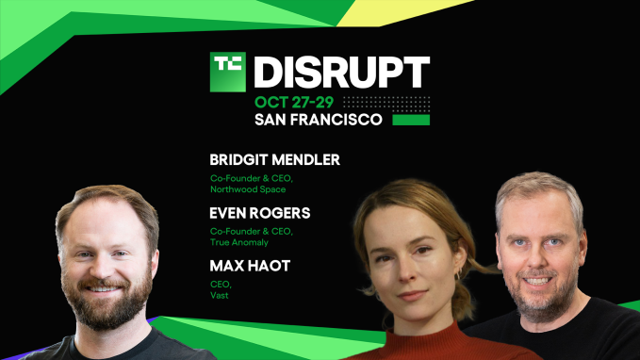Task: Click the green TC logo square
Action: [x=228, y=72]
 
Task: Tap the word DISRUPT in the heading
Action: [x=342, y=73]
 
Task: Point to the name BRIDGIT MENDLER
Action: [x=274, y=160]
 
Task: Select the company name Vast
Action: [x=219, y=296]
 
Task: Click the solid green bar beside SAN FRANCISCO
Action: [x=410, y=121]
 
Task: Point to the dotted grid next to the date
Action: [x=386, y=103]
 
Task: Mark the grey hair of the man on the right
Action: [x=538, y=188]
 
